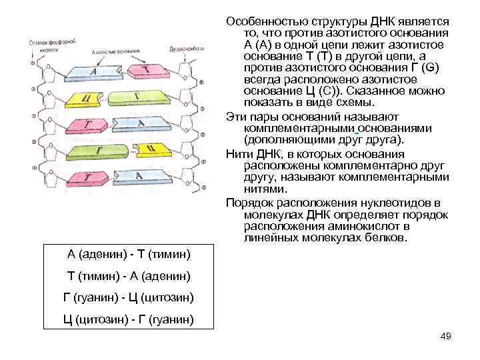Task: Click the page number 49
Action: (446, 336)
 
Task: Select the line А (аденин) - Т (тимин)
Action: (129, 255)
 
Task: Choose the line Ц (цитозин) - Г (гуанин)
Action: (129, 319)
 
